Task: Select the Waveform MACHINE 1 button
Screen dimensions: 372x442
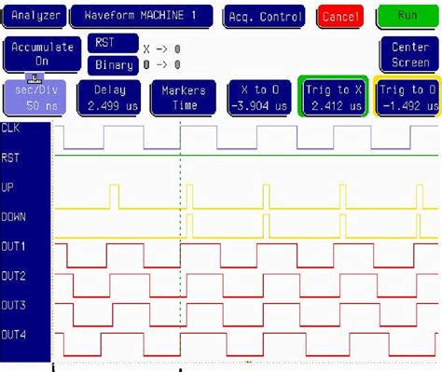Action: point(141,16)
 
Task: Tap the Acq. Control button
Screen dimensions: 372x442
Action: point(265,16)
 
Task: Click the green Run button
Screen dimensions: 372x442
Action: point(407,16)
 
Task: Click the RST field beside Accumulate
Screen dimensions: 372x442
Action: point(104,44)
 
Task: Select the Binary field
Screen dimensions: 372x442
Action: point(113,65)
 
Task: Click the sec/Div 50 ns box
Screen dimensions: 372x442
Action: point(33,97)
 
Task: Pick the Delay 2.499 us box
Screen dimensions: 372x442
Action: point(114,97)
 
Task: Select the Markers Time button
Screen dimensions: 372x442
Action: point(183,97)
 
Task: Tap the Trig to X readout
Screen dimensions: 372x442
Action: point(333,97)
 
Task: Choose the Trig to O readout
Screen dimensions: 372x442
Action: point(407,97)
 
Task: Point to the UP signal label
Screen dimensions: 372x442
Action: point(9,186)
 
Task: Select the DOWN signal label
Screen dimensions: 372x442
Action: point(15,215)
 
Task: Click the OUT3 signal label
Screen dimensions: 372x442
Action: point(14,305)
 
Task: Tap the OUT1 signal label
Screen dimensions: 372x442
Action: point(14,246)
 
